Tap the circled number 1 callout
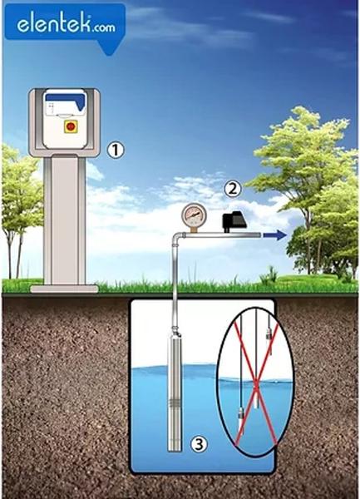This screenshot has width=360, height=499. tap(115, 151)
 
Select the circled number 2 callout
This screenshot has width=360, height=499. tap(233, 189)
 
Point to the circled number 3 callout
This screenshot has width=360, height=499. tap(199, 443)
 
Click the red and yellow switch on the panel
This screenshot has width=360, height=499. tap(71, 126)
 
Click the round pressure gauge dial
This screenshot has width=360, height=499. tap(194, 215)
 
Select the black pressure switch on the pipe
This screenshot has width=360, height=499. tap(234, 221)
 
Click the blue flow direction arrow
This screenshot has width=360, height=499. tap(274, 235)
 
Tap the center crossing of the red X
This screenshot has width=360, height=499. tap(256, 389)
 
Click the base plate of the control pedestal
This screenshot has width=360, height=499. tap(65, 289)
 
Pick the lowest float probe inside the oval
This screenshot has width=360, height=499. tap(241, 422)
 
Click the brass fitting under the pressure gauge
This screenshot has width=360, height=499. tap(194, 230)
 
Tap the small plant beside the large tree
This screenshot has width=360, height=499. tap(269, 275)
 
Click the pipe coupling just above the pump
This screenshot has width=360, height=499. tap(175, 329)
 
